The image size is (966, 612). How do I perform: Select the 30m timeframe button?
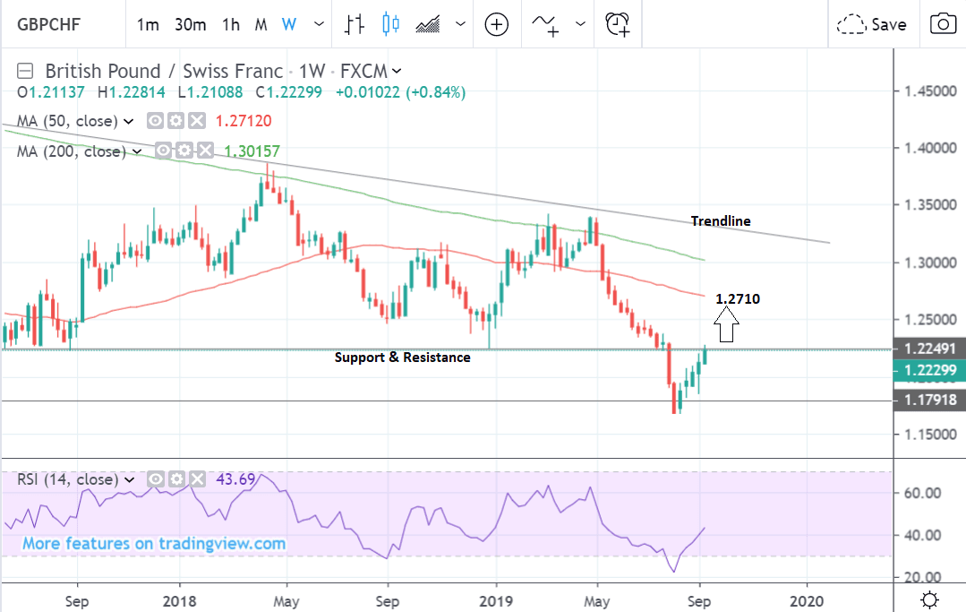191,24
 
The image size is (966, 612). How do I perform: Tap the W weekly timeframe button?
288,24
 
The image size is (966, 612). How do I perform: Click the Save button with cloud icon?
872,24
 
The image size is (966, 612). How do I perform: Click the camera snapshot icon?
942,24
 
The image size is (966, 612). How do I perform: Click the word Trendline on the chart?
721,221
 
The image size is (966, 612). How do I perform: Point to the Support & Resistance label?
402,358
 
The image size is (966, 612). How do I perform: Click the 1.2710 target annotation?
738,299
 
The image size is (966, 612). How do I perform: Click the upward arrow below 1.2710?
727,324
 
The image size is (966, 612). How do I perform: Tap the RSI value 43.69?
235,479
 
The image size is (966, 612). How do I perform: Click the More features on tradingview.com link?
154,544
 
